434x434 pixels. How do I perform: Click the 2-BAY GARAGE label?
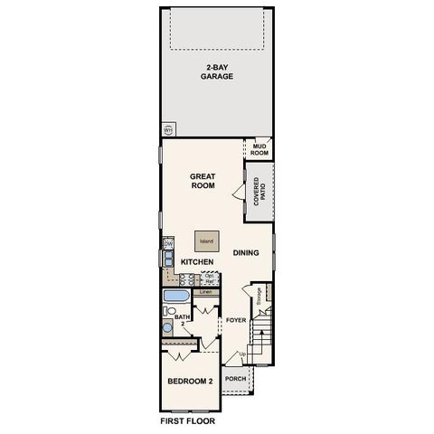tap(217, 72)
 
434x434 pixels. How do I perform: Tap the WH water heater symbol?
tap(167, 130)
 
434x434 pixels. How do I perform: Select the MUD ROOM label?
tap(259, 150)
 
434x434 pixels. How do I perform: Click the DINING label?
tap(248, 253)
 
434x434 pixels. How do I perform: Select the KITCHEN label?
tap(197, 262)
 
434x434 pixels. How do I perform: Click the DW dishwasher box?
tap(168, 244)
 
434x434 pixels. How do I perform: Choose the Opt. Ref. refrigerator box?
tap(209, 278)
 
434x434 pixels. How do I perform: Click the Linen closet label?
tap(205, 293)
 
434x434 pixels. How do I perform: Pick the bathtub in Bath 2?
tap(175, 297)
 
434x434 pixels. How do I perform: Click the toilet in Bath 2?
tap(168, 328)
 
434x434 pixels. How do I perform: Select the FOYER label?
tap(236, 320)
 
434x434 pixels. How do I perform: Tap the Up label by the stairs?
tap(242, 353)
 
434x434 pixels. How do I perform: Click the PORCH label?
tap(235, 378)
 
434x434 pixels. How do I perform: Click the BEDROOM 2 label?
tap(190, 381)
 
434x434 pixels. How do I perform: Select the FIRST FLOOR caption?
tap(188, 420)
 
